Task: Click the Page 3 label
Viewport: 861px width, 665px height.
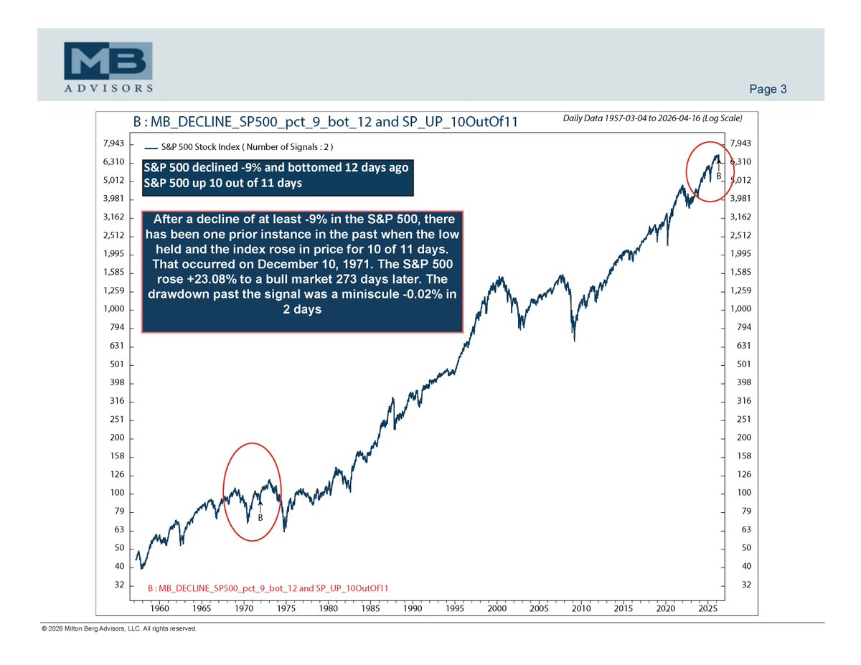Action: click(x=768, y=90)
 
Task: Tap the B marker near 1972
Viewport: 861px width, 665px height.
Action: click(x=260, y=517)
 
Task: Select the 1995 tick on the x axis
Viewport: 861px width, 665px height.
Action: click(x=455, y=608)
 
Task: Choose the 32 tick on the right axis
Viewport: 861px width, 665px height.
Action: click(x=746, y=585)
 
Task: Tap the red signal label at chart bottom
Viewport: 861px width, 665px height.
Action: click(x=268, y=588)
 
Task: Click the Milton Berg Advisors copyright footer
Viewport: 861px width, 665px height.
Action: click(x=119, y=629)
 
